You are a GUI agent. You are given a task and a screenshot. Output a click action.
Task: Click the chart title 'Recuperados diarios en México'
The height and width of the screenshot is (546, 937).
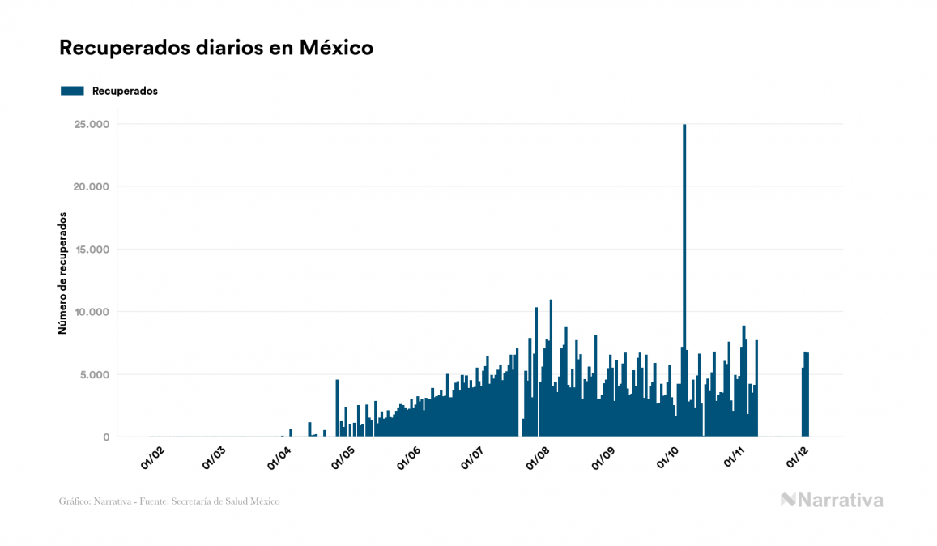click(216, 48)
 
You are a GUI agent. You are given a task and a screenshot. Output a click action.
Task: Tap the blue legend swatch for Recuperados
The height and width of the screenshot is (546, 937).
click(72, 91)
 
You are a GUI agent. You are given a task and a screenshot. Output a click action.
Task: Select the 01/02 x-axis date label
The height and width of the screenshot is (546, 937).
click(152, 458)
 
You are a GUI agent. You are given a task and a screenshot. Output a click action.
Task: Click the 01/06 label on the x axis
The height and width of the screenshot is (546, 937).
click(409, 458)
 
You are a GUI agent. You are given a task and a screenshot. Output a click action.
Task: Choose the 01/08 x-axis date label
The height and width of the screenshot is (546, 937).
click(539, 458)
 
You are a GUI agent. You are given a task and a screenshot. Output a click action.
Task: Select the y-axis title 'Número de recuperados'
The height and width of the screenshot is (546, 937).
click(62, 273)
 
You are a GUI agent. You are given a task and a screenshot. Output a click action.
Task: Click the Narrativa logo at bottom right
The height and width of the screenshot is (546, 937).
click(832, 500)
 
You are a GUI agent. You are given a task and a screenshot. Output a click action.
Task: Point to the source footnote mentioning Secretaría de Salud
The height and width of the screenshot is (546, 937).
click(169, 501)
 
